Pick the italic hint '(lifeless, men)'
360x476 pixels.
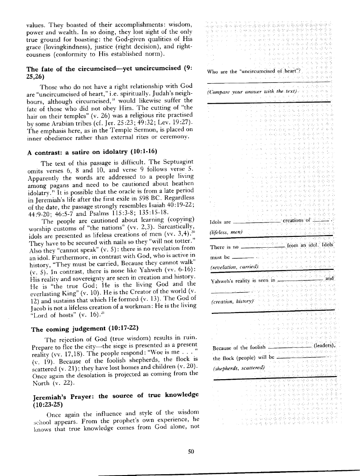(226, 231)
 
